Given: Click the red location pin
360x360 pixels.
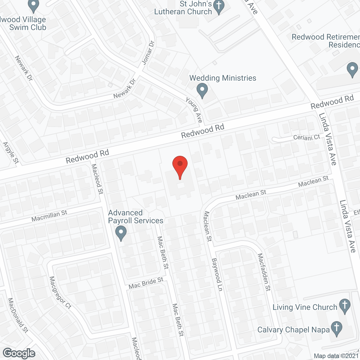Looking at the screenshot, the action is [180, 166].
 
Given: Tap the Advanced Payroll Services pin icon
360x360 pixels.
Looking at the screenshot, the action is [121, 233].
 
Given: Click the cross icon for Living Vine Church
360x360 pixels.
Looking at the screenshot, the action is [345, 305].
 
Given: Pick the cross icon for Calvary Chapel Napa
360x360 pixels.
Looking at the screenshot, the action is [336, 328].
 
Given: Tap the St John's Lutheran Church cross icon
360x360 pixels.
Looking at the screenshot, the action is [219, 6].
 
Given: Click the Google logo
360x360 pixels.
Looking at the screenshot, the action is [19, 353].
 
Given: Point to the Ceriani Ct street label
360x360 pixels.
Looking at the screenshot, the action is [307, 137].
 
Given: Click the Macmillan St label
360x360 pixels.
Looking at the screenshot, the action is [49, 216].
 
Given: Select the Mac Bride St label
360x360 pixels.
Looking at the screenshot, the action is [146, 283].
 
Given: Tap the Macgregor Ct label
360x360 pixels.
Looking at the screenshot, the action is [60, 292].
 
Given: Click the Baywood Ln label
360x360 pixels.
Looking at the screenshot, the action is [217, 274].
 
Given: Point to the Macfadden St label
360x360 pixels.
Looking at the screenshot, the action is [264, 272].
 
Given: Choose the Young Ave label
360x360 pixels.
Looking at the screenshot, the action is [194, 110].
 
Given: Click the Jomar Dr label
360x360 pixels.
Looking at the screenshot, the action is [148, 53].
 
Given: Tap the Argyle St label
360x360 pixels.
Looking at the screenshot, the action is [11, 153].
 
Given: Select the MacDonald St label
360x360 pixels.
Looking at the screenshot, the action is [18, 315].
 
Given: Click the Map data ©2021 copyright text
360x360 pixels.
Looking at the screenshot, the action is [336, 356].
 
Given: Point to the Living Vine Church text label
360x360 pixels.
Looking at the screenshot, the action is [305, 307].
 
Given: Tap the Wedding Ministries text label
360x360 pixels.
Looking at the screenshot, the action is [223, 78].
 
